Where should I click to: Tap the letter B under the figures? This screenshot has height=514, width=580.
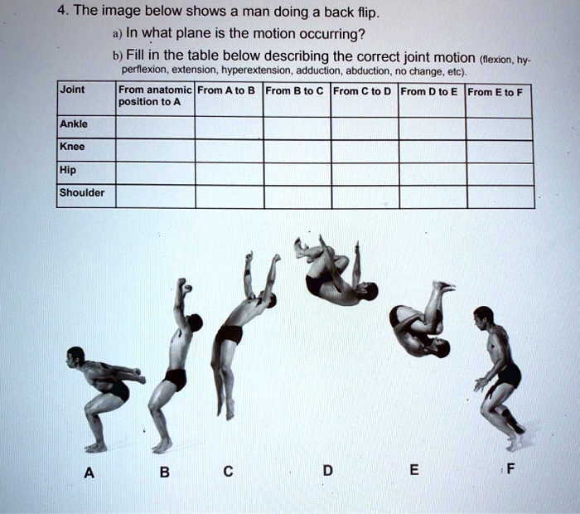(x=165, y=473)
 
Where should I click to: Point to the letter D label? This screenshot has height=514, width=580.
(x=327, y=472)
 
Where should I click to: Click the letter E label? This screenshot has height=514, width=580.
(x=414, y=471)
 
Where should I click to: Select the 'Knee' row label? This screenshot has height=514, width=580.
(x=72, y=148)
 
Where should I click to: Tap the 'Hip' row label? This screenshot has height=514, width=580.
(x=67, y=171)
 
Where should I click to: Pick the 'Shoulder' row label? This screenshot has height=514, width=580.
(x=82, y=193)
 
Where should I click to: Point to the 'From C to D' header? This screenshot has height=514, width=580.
(x=364, y=91)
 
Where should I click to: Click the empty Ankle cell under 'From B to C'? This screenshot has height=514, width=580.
(x=297, y=127)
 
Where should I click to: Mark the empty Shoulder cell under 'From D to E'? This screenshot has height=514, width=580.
(x=432, y=196)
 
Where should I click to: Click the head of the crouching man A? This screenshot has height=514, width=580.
(x=75, y=356)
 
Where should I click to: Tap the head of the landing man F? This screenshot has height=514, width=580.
(x=483, y=316)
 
